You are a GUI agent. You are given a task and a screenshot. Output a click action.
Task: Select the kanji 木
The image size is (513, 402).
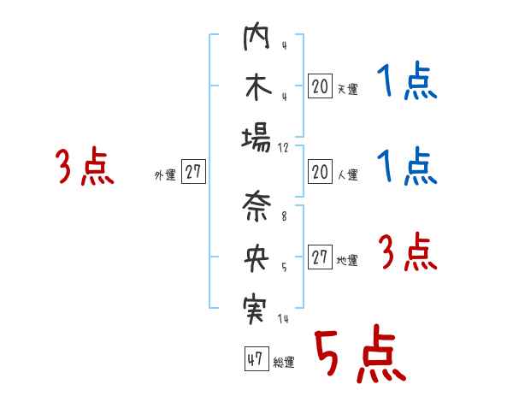[x=256, y=87]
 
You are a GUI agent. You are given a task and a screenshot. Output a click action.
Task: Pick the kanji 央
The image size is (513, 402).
[x=256, y=257]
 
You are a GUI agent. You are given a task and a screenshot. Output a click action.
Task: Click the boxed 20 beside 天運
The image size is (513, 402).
[x=320, y=86]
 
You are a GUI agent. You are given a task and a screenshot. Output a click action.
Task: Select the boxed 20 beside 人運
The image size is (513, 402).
[x=320, y=173]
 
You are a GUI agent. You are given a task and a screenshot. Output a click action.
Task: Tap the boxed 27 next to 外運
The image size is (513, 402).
[x=193, y=173]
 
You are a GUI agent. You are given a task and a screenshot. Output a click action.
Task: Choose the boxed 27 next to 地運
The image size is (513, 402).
[x=320, y=258]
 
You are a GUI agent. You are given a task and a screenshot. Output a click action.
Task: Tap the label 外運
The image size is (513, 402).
[x=165, y=175]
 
